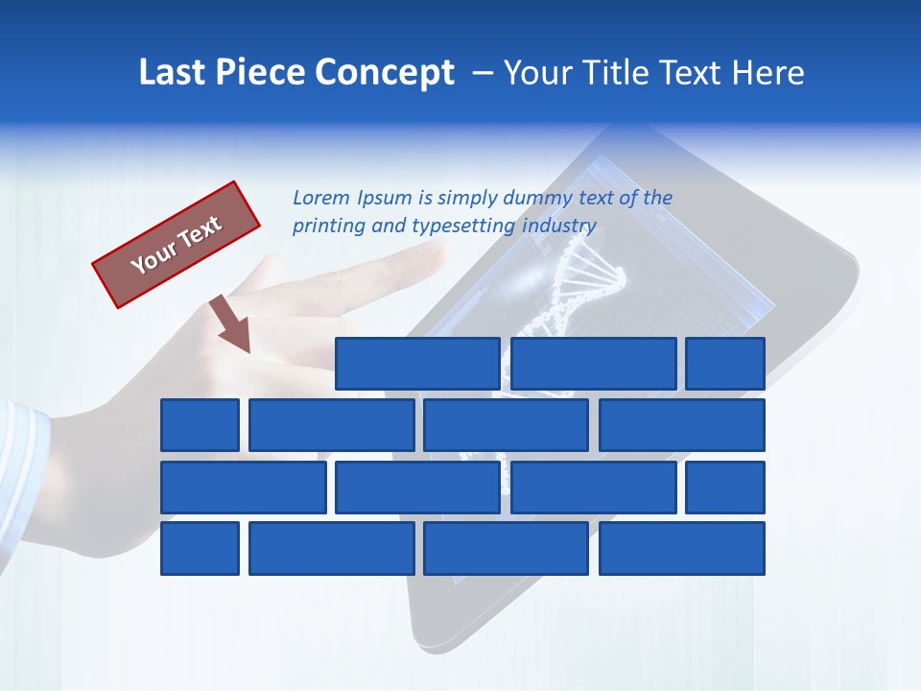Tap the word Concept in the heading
385,73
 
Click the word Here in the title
767,73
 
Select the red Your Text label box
177,245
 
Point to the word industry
559,226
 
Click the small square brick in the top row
725,364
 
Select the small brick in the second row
200,425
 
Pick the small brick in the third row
725,488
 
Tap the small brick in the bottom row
200,549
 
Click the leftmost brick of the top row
417,364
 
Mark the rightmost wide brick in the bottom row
682,549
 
